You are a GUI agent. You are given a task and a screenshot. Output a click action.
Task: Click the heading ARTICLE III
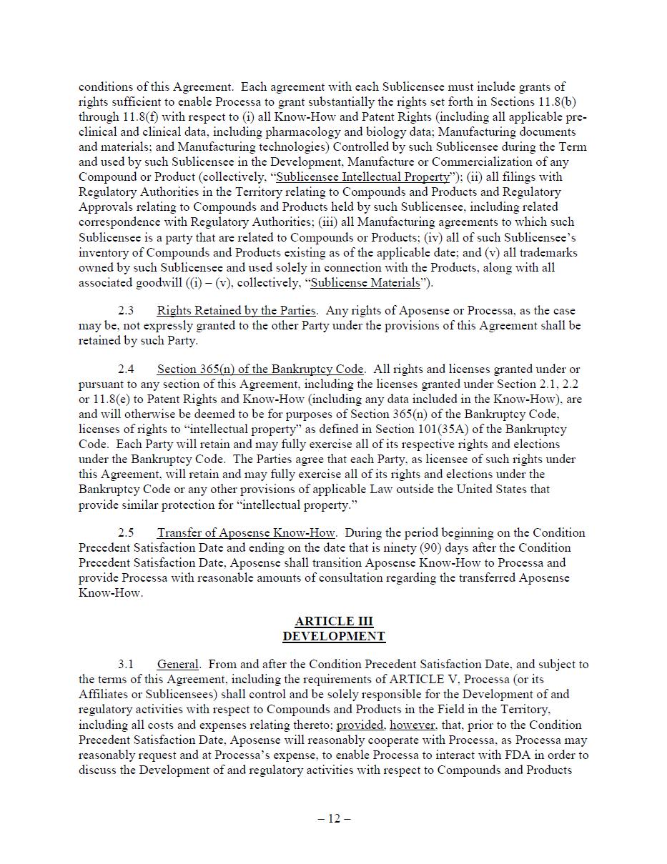[334, 621]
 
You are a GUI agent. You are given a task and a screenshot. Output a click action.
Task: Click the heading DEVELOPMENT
[334, 636]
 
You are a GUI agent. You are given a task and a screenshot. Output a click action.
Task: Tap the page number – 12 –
[334, 818]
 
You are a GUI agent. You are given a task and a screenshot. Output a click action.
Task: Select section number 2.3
[126, 310]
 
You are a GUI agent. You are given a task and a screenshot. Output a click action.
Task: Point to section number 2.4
[126, 369]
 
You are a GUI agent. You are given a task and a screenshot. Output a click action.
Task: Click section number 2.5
[126, 532]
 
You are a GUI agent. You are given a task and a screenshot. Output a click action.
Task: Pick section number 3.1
[126, 664]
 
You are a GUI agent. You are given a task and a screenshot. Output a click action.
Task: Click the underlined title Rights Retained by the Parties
[236, 310]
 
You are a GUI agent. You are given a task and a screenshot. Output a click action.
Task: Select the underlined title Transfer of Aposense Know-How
[246, 532]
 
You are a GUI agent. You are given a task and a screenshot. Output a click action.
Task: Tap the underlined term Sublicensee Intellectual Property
[363, 177]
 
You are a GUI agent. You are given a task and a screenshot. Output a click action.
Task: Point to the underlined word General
[179, 664]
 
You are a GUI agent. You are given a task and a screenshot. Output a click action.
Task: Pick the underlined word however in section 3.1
[412, 724]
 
